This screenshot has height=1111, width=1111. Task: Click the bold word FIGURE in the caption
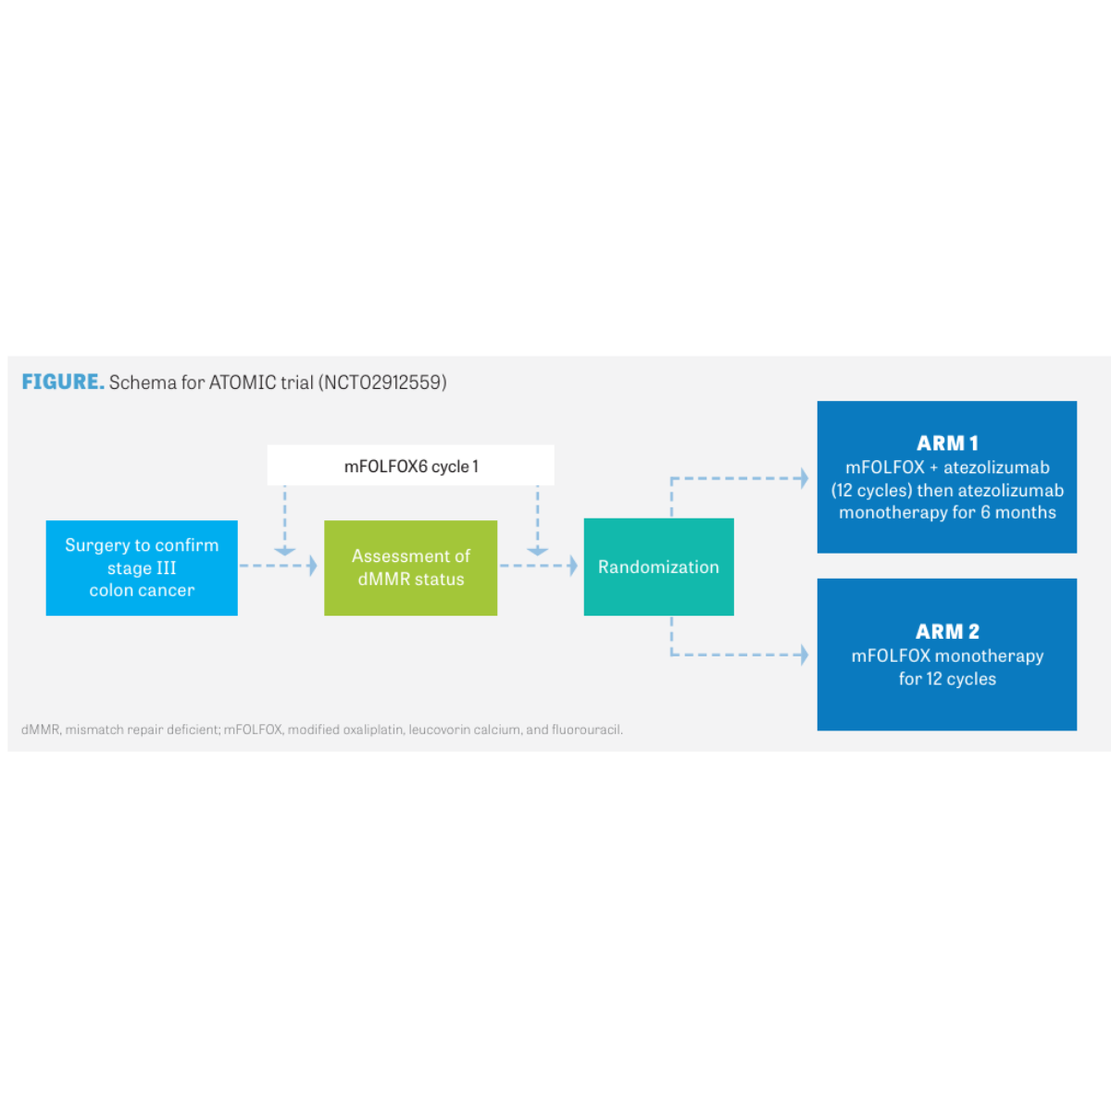pyautogui.click(x=63, y=381)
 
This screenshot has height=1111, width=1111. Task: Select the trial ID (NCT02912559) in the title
pyautogui.click(x=382, y=382)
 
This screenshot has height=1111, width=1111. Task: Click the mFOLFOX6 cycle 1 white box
pyautogui.click(x=410, y=465)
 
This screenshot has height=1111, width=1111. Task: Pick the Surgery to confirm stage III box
pyautogui.click(x=142, y=568)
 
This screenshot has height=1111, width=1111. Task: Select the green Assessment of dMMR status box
pyautogui.click(x=410, y=568)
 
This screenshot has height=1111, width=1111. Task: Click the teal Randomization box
pyautogui.click(x=658, y=567)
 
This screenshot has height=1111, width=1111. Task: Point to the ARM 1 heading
pyautogui.click(x=947, y=443)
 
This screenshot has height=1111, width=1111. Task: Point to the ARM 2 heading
pyautogui.click(x=947, y=631)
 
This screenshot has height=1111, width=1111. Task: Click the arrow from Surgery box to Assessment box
pyautogui.click(x=279, y=566)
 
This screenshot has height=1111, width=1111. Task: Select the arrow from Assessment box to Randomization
pyautogui.click(x=539, y=566)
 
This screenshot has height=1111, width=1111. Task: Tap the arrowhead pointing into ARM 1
pyautogui.click(x=805, y=478)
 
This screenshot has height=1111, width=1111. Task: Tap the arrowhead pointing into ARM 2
pyautogui.click(x=805, y=655)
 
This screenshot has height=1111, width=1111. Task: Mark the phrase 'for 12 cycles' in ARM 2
pyautogui.click(x=947, y=678)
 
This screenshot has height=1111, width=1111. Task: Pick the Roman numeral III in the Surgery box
pyautogui.click(x=166, y=568)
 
